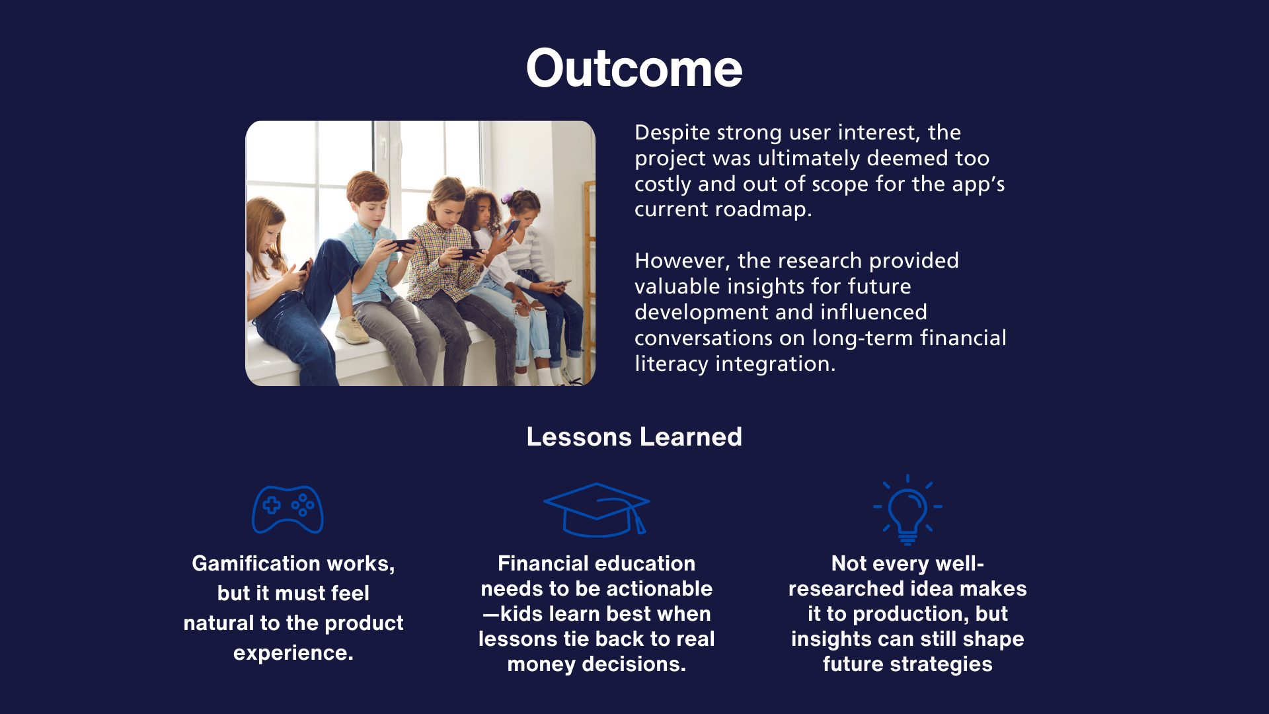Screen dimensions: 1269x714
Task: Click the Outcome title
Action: (x=634, y=68)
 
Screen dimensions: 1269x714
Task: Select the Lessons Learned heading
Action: (x=634, y=437)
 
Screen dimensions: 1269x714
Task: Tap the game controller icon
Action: (x=288, y=510)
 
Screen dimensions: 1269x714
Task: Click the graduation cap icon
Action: (x=597, y=510)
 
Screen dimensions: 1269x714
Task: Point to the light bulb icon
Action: (x=907, y=510)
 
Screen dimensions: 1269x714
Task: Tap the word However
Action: (x=679, y=261)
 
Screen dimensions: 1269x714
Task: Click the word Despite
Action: (x=672, y=133)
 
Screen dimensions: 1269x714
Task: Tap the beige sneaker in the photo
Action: (x=352, y=330)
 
